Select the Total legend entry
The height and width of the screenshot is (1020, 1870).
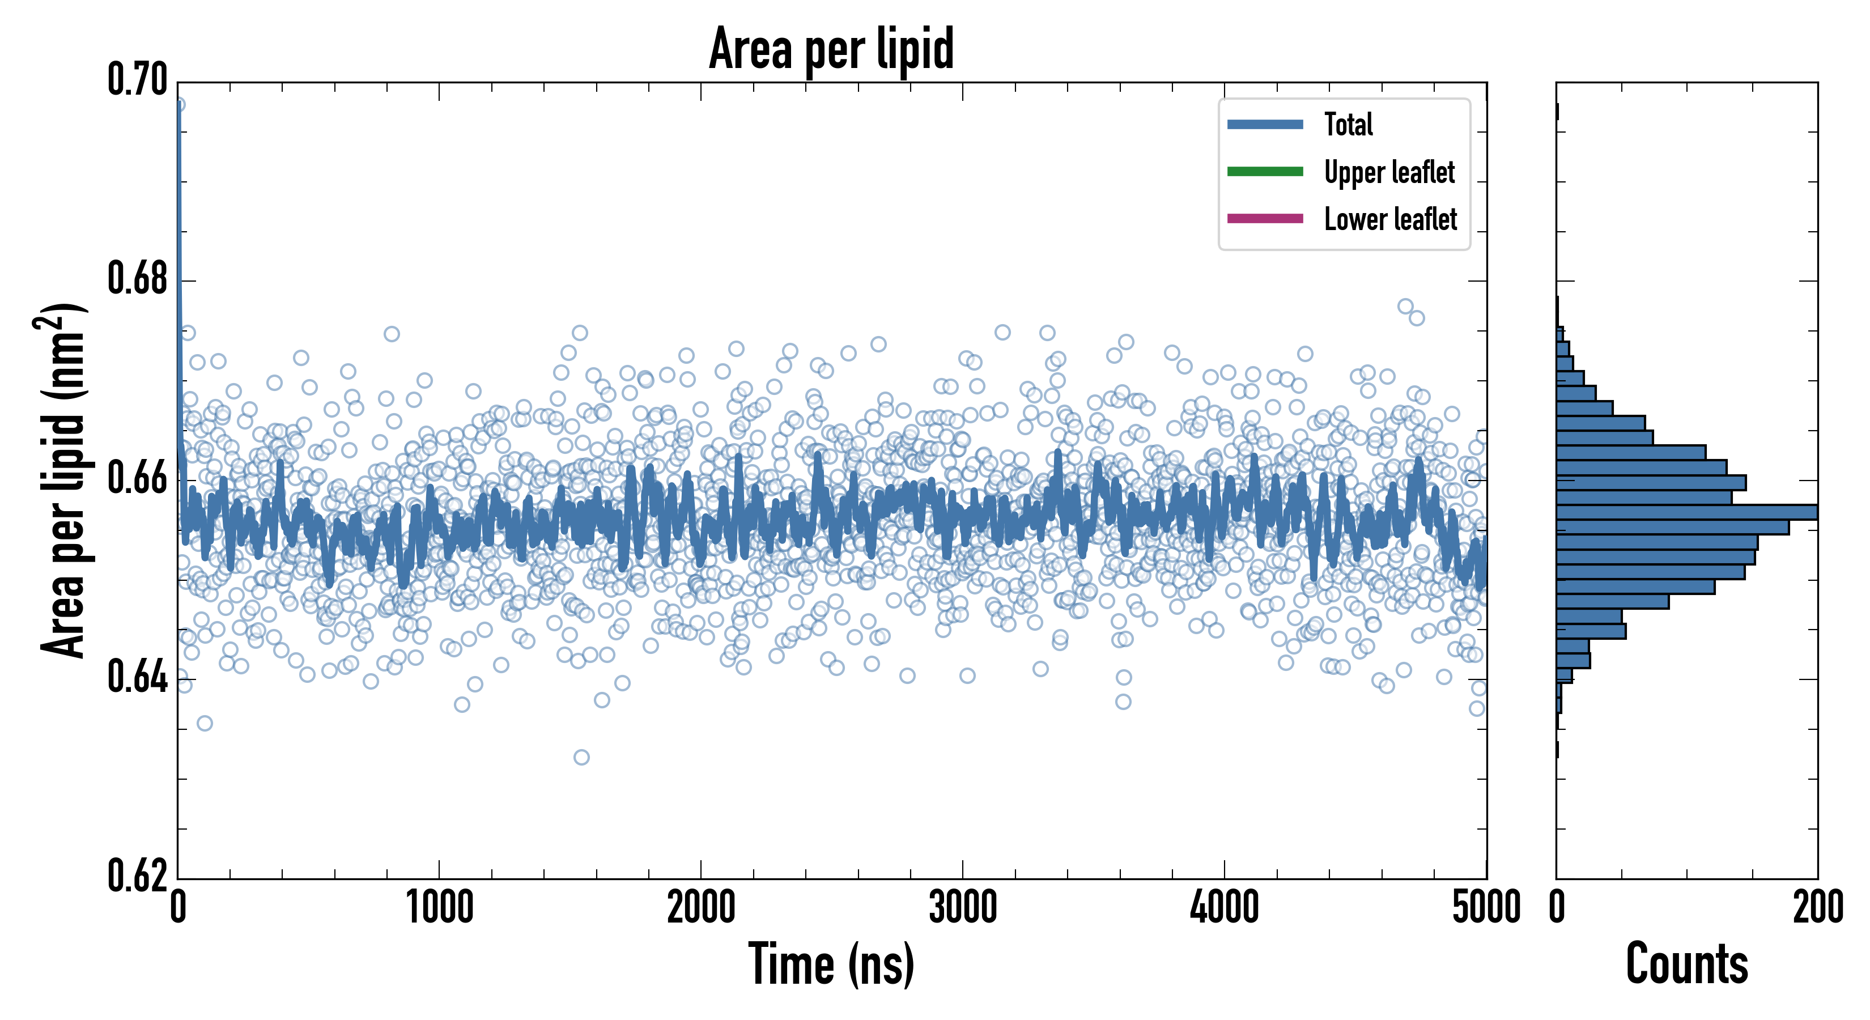click(1348, 124)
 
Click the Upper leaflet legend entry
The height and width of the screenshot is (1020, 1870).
click(1389, 172)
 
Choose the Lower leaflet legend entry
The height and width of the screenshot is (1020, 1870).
click(1390, 219)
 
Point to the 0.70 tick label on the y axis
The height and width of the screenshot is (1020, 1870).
click(138, 80)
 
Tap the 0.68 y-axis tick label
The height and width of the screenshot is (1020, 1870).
click(138, 279)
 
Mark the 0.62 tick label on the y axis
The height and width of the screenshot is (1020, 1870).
click(138, 875)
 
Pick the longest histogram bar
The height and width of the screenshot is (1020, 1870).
click(1687, 512)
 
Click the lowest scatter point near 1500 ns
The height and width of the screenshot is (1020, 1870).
click(581, 757)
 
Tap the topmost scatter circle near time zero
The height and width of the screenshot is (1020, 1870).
click(178, 104)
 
